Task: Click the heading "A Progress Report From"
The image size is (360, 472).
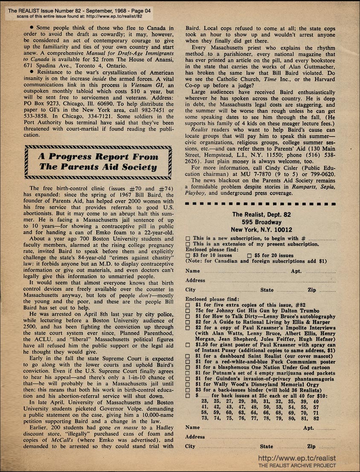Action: click(x=98, y=156)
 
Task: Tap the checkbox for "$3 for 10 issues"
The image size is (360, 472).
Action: click(x=188, y=256)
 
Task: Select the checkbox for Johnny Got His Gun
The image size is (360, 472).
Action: click(x=188, y=311)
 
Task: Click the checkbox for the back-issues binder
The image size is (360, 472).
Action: click(x=188, y=390)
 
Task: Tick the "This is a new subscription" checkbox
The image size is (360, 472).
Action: click(x=188, y=239)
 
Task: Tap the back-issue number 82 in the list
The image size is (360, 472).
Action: click(x=316, y=419)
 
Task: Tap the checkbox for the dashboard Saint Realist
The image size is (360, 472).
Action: click(x=188, y=355)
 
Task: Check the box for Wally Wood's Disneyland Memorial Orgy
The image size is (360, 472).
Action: click(x=188, y=385)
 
